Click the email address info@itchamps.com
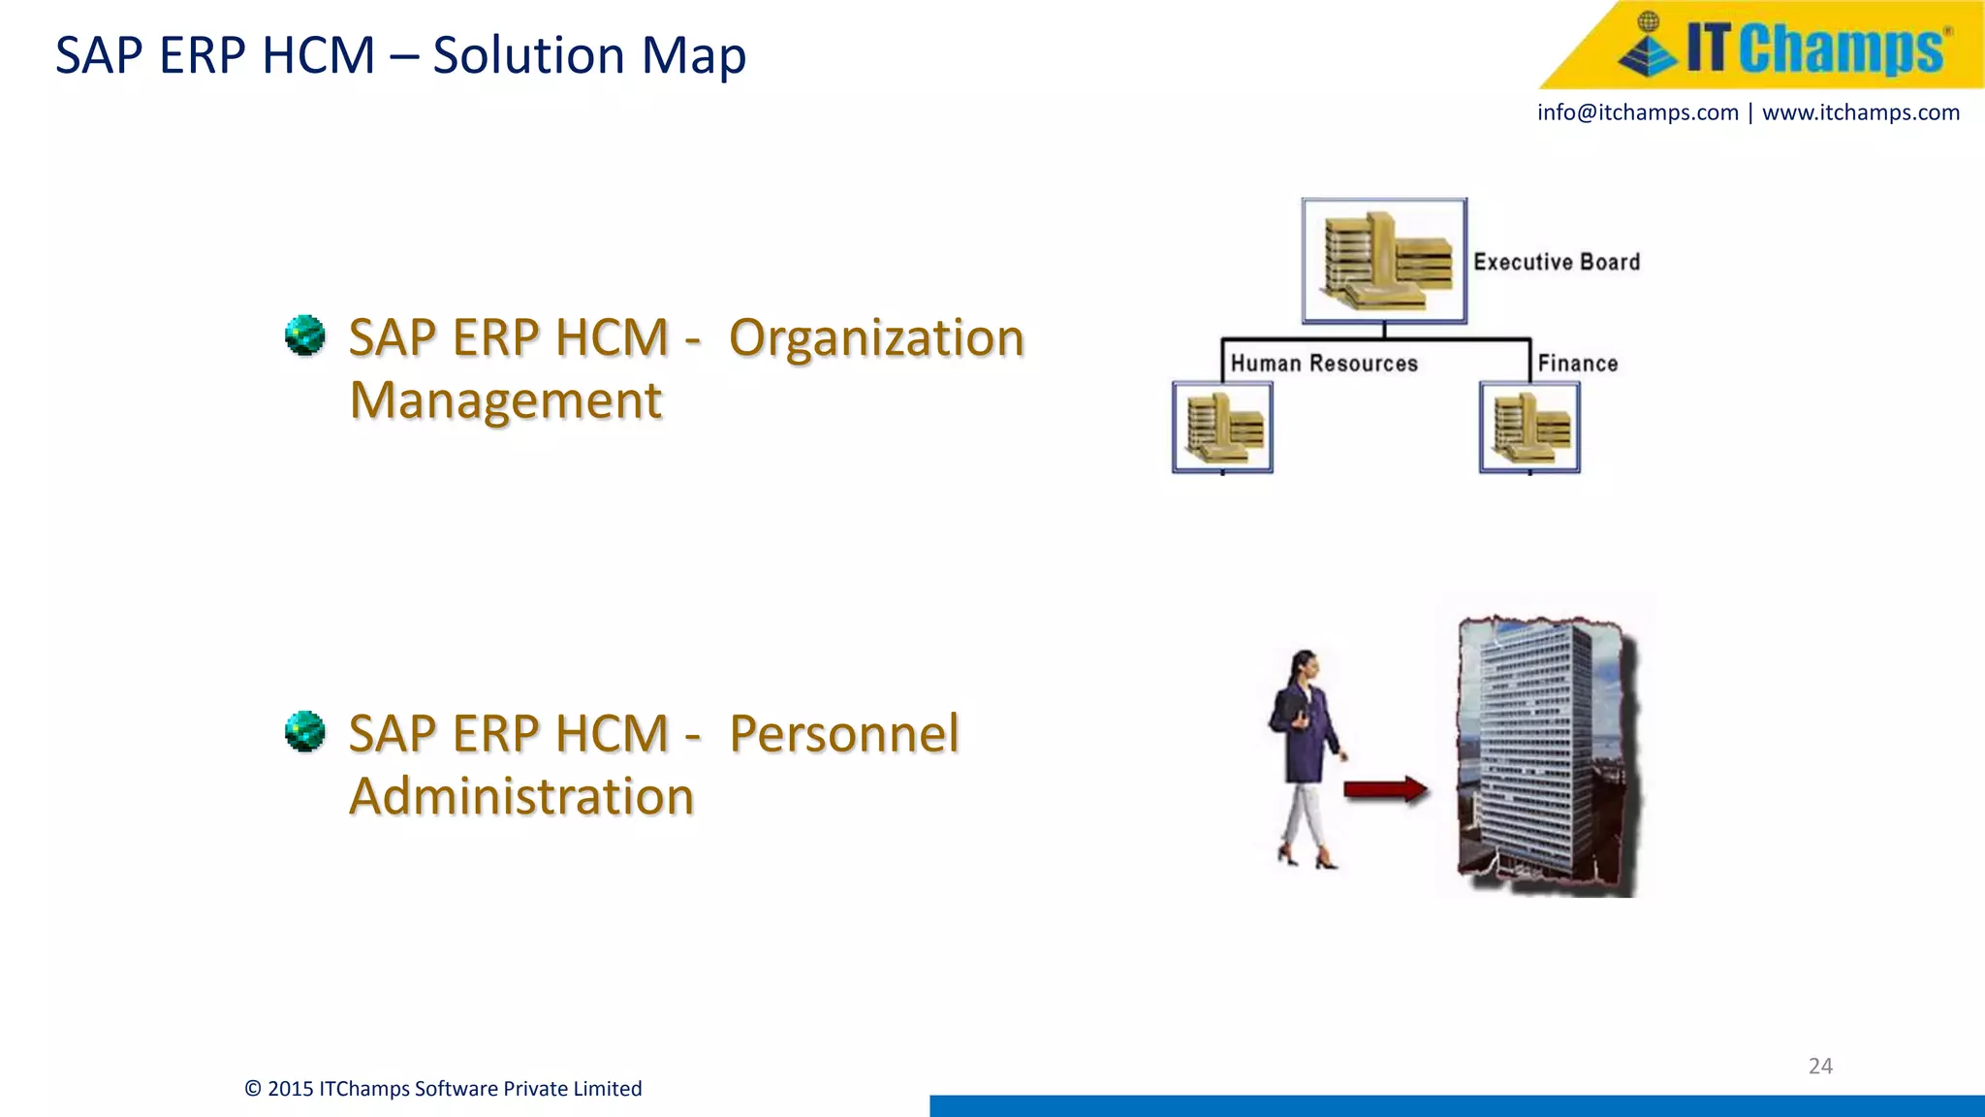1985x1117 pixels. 1637,112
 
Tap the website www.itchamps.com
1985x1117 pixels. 1860,112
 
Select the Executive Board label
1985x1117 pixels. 1557,262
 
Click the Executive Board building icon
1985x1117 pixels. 1384,261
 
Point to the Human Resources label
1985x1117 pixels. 1324,364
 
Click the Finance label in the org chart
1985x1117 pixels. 1577,364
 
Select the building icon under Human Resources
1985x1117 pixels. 1222,428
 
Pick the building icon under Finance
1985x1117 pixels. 1529,428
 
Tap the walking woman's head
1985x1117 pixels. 1306,664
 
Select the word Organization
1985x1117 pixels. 876,338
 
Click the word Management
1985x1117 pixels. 506,400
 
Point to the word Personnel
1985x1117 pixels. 843,733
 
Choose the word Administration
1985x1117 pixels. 521,796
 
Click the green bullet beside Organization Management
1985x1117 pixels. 305,335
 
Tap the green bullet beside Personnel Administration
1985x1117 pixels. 305,731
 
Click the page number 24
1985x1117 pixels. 1820,1066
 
